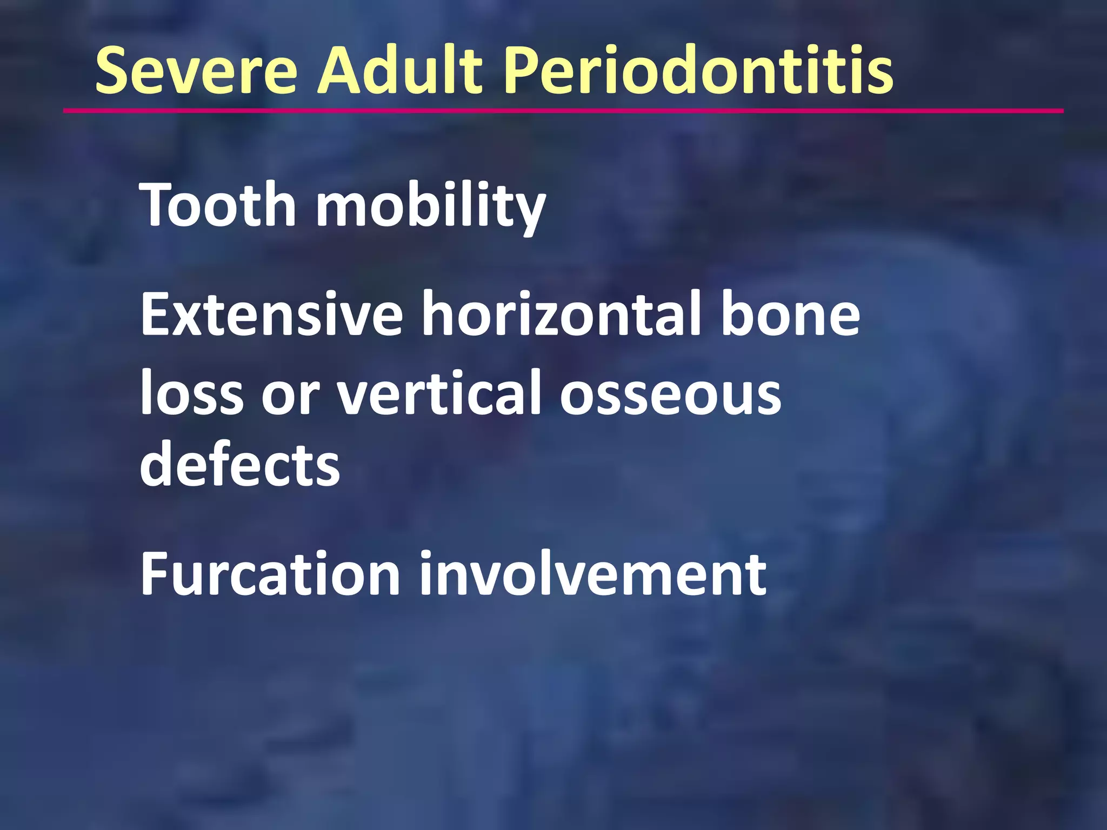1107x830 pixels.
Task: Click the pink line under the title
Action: [562, 111]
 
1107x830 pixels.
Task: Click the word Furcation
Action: [270, 574]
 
